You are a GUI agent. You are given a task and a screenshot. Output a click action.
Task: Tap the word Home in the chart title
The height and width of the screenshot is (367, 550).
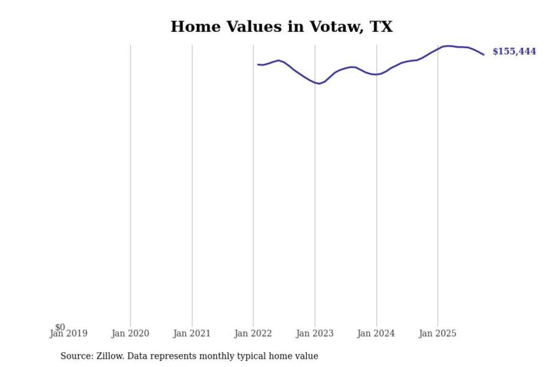tap(196, 27)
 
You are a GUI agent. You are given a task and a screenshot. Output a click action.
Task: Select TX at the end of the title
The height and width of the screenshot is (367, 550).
tap(381, 27)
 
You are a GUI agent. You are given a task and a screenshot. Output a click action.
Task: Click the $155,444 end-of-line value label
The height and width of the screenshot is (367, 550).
tap(514, 51)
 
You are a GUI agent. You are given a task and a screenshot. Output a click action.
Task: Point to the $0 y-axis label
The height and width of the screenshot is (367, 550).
tap(60, 327)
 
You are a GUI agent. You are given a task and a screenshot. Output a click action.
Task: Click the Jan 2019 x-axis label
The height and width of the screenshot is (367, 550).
tap(69, 334)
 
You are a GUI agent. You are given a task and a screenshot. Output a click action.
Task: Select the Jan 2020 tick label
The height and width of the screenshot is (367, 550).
tap(130, 334)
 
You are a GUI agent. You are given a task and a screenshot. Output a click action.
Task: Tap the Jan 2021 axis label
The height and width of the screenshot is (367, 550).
tap(192, 334)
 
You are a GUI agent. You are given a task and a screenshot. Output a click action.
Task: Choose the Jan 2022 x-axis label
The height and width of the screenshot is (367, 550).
tap(253, 334)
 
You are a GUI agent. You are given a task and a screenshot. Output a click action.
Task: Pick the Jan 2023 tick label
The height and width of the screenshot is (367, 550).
tap(315, 334)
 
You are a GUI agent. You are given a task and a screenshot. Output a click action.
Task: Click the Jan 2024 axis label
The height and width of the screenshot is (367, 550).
tap(376, 334)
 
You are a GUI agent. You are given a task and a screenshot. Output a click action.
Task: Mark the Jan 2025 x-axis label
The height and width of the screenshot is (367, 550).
tap(437, 334)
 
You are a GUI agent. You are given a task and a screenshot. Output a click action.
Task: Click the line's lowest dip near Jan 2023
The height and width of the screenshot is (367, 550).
tap(319, 83)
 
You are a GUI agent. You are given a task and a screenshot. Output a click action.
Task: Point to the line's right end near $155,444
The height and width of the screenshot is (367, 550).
tap(484, 55)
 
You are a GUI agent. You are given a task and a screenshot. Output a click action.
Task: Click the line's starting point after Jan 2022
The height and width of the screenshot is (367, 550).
tap(258, 65)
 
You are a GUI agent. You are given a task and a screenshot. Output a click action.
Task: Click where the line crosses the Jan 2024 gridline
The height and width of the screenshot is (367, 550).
tap(377, 75)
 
